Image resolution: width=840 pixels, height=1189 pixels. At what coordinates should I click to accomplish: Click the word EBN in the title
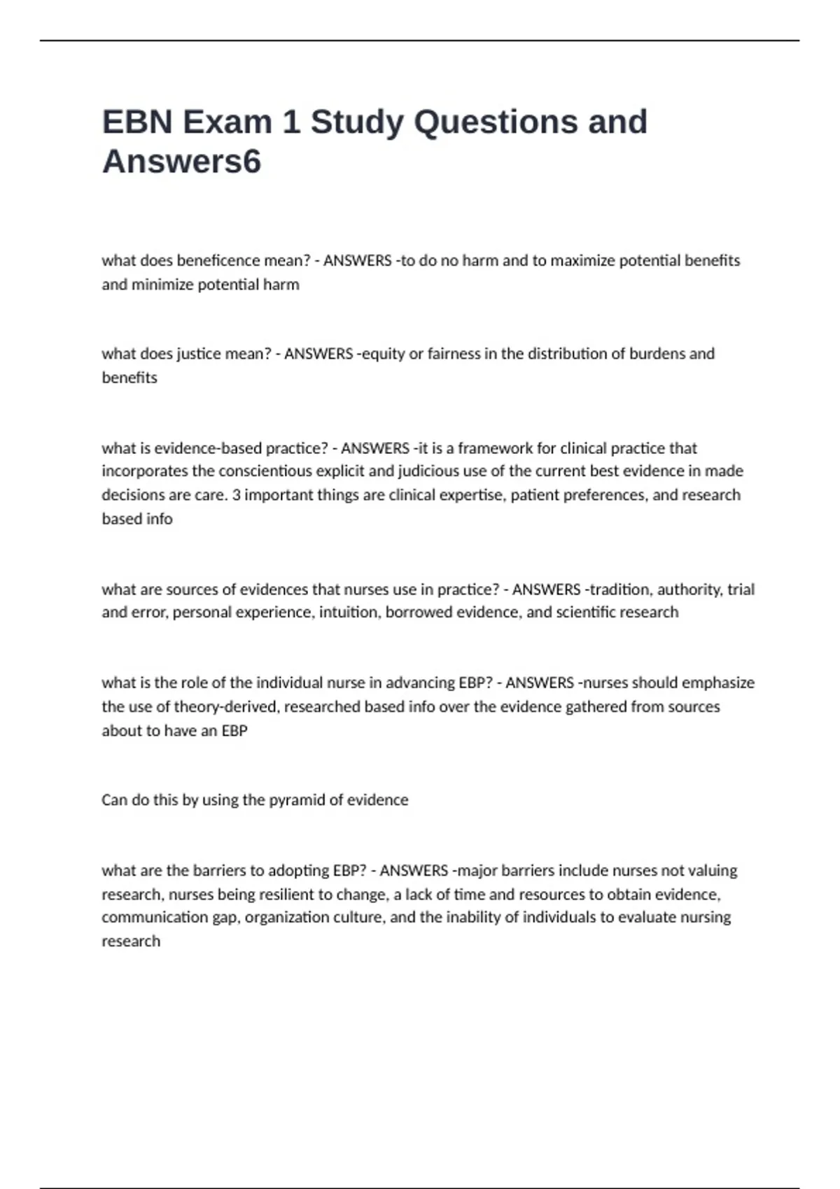[x=137, y=122]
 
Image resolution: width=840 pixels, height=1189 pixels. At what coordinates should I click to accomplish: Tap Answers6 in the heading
[x=181, y=162]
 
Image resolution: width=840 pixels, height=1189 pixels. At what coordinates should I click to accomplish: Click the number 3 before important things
[x=237, y=495]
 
